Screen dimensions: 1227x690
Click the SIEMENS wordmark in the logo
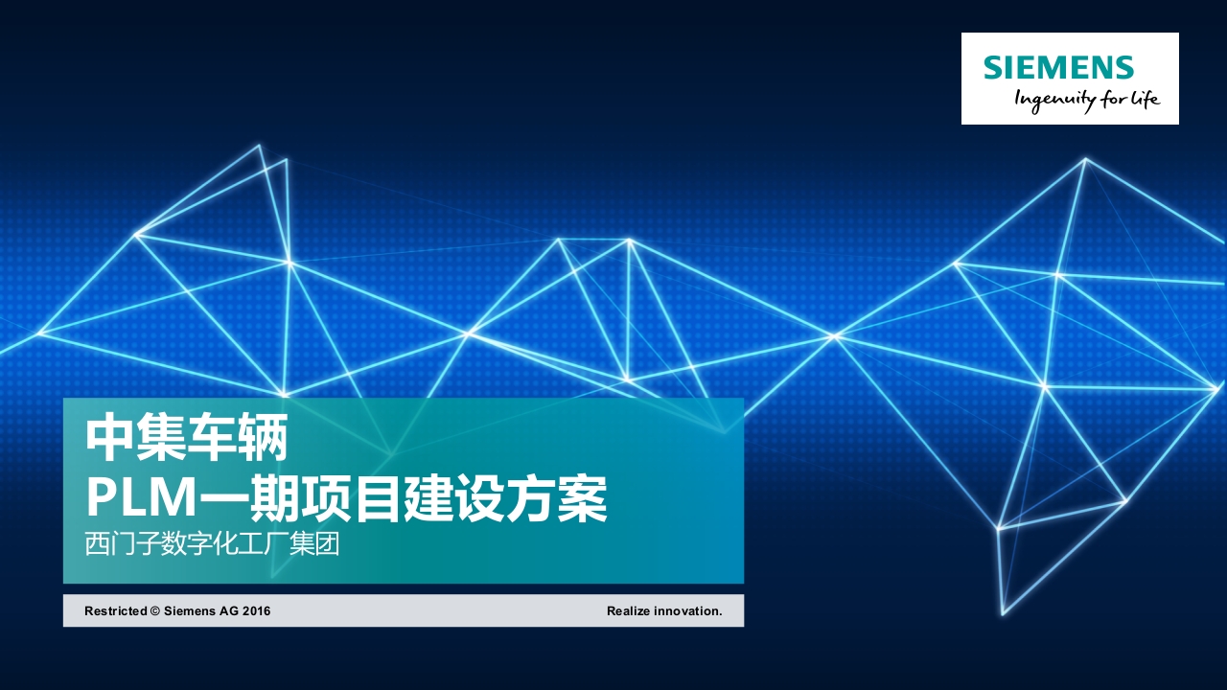click(x=1058, y=67)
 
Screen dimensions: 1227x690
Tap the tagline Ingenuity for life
click(x=1087, y=101)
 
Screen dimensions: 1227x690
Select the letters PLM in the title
click(x=141, y=497)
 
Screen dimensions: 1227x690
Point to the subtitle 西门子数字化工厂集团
click(x=212, y=543)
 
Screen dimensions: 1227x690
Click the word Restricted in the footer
click(x=116, y=611)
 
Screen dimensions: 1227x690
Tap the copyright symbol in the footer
click(x=155, y=611)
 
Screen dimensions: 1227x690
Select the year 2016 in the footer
click(x=256, y=611)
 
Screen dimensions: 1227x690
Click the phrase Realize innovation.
click(x=664, y=611)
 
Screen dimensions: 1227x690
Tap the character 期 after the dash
click(x=274, y=497)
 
